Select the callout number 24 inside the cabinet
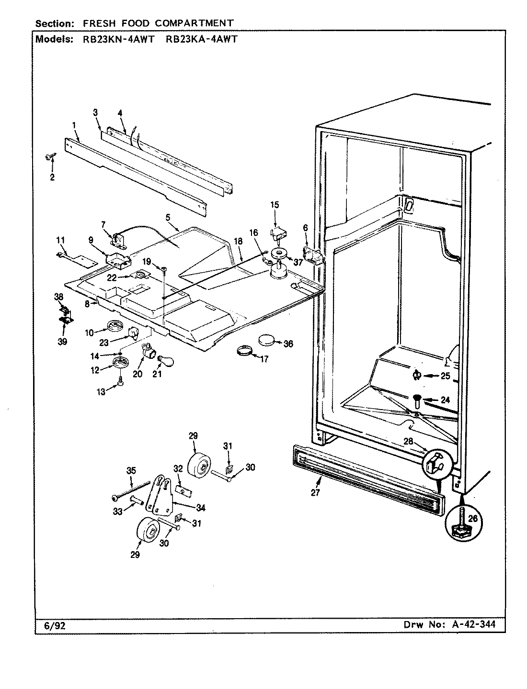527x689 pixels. coord(445,400)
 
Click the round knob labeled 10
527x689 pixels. coord(114,327)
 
